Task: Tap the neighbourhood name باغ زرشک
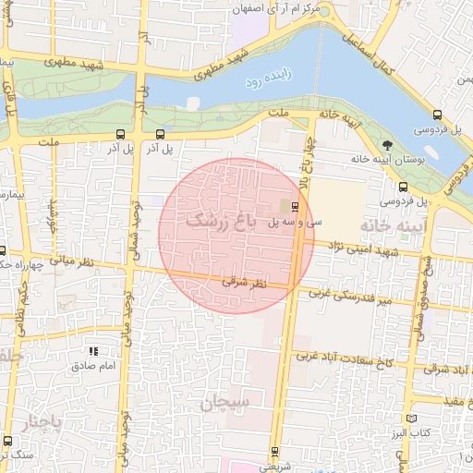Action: (218, 221)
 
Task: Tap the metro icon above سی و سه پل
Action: (295, 206)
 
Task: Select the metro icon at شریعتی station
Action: (274, 452)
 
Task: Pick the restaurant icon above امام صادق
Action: (92, 351)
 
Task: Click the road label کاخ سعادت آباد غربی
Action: (341, 357)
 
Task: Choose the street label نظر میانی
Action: (97, 264)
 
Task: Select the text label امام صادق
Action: (92, 366)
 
